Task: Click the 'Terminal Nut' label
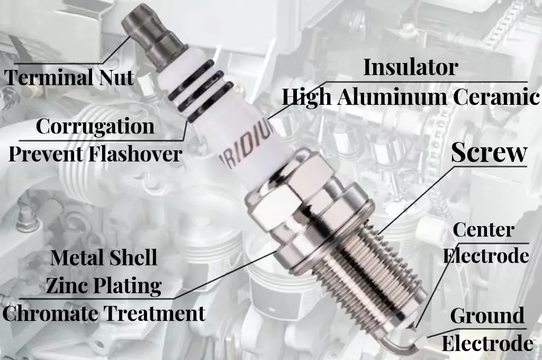tap(69, 77)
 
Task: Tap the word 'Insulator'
tap(410, 67)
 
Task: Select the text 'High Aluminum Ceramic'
tap(410, 97)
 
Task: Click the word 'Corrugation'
tap(95, 127)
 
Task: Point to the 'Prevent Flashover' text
tap(95, 154)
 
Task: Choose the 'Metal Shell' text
tap(104, 258)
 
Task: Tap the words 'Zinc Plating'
tap(104, 286)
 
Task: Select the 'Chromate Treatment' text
tap(104, 313)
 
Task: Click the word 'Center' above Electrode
tap(484, 230)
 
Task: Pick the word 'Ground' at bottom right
tap(487, 316)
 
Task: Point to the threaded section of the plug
tap(371, 270)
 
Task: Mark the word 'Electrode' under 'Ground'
tap(487, 344)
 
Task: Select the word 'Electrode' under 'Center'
tap(486, 256)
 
